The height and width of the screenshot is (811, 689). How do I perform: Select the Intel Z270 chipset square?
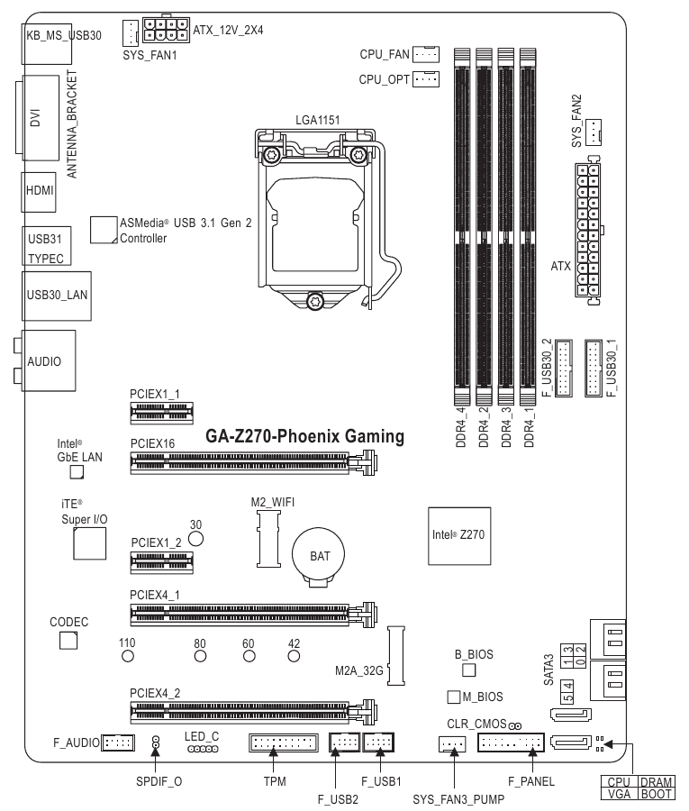460,534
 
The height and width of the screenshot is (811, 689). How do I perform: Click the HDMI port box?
39,190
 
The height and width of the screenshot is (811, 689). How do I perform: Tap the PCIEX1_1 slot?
161,412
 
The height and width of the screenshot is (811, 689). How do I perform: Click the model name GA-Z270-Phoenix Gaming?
304,436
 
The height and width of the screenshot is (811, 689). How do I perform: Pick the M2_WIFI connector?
267,538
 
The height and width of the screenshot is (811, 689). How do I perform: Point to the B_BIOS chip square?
468,671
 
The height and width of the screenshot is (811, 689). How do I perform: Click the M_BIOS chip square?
453,697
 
